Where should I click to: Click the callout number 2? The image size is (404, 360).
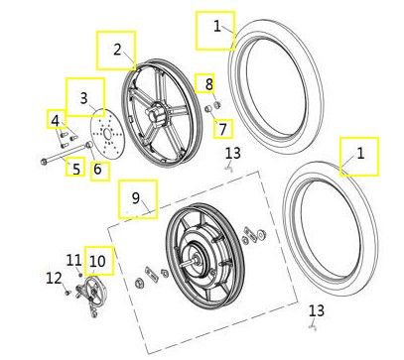tap(117, 50)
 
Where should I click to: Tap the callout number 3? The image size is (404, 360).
tap(84, 98)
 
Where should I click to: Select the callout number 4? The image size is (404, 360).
tap(56, 121)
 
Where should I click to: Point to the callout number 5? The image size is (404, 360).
tap(76, 169)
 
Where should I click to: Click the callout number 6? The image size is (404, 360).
tap(97, 169)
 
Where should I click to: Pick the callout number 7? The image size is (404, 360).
tap(222, 129)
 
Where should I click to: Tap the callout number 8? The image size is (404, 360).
tap(209, 84)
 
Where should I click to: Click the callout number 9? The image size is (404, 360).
tap(136, 198)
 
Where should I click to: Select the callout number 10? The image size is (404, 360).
tap(97, 261)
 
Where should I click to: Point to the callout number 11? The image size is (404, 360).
tap(73, 261)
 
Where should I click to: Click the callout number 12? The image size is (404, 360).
tap(54, 279)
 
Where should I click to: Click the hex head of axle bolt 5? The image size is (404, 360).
tap(44, 162)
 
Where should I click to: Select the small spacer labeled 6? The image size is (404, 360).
tap(88, 145)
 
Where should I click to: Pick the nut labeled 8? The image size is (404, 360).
tap(217, 105)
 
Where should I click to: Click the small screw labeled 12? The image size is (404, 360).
tap(68, 293)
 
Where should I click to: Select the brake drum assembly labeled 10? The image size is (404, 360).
tap(91, 291)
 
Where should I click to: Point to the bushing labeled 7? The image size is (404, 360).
tap(208, 109)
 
